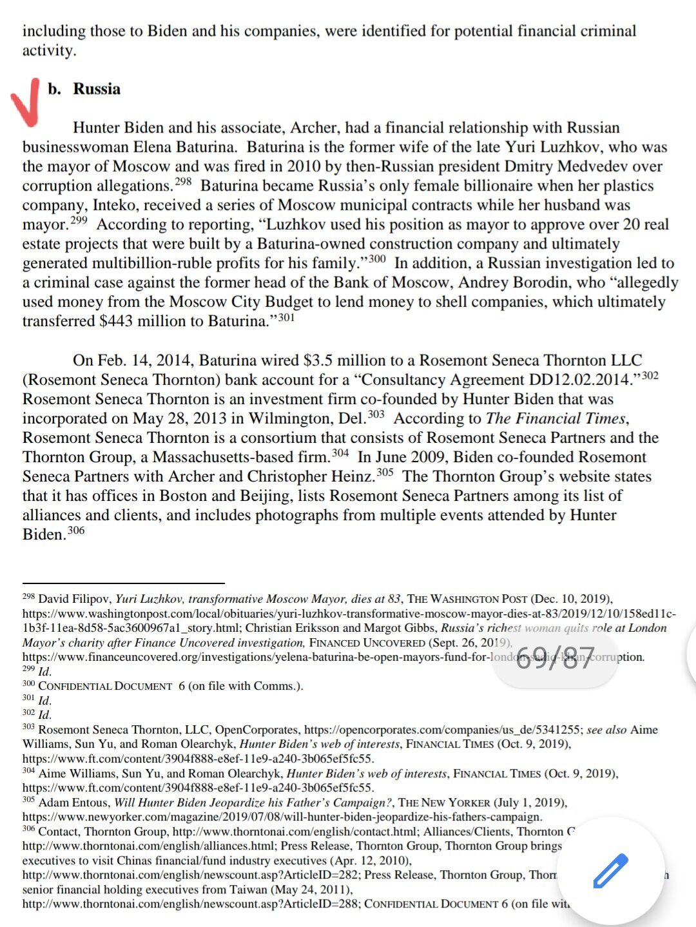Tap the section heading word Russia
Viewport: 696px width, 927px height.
pos(97,89)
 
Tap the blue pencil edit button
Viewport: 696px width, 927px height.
pos(610,871)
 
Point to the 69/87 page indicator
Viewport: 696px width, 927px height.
pos(555,658)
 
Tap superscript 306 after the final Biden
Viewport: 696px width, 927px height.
pos(76,531)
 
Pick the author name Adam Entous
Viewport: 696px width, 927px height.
pos(73,803)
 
